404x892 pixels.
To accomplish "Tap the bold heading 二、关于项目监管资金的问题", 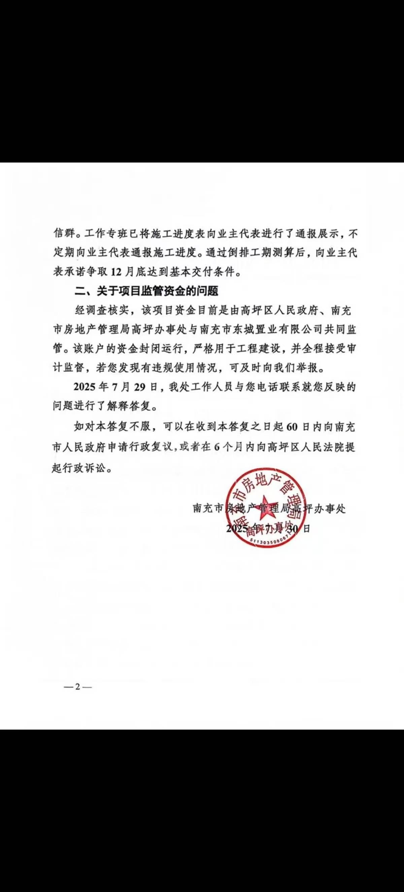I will (x=146, y=291).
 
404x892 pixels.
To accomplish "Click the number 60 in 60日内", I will (x=293, y=427).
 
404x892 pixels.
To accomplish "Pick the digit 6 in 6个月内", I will (x=217, y=447).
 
